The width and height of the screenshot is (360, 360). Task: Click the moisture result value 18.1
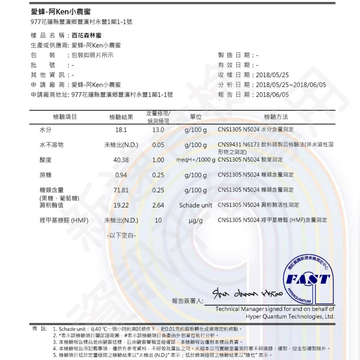[x=121, y=130]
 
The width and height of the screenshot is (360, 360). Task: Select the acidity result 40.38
[x=121, y=160]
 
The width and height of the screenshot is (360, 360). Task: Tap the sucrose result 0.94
[x=121, y=175]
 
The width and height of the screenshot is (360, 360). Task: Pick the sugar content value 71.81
[x=121, y=190]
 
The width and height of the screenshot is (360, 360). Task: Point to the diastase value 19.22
[x=121, y=206]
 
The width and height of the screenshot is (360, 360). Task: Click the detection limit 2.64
[x=158, y=206]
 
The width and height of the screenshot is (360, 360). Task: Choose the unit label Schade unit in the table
[x=195, y=205]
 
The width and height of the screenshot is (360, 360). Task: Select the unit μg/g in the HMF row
[x=195, y=220]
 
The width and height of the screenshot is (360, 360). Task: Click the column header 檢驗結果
[x=121, y=117]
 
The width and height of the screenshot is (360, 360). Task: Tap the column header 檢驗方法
[x=276, y=117]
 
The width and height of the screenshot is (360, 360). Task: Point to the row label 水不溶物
[x=51, y=145]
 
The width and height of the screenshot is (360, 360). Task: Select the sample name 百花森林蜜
[x=86, y=35]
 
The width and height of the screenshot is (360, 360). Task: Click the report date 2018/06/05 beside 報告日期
[x=272, y=95]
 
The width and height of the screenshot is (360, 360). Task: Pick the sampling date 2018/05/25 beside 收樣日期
[x=272, y=75]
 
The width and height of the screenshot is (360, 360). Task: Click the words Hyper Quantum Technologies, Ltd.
[x=290, y=316]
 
